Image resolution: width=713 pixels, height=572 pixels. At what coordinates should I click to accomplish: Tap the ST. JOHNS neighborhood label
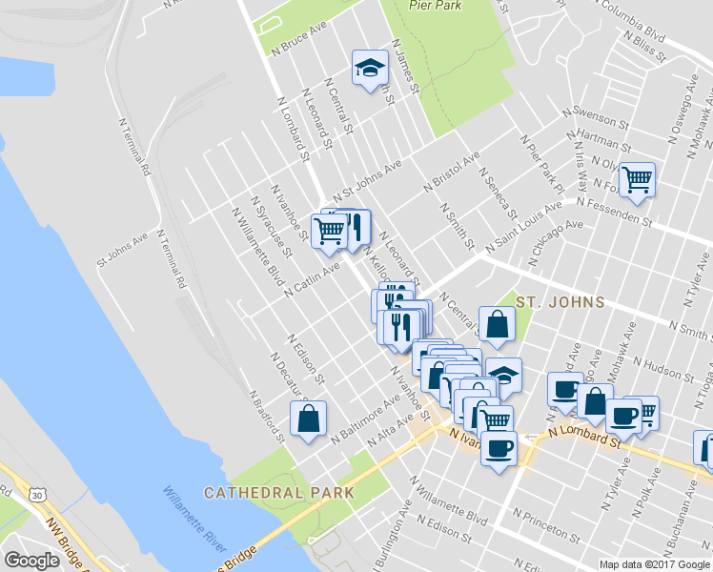pos(560,302)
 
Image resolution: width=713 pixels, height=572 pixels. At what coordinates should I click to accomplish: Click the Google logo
pos(31,561)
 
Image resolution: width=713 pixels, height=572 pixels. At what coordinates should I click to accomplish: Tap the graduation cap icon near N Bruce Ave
pos(369,68)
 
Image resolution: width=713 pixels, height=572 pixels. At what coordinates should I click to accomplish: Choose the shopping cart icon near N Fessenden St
pos(637,178)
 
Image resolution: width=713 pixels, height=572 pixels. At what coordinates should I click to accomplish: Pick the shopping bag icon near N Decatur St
pos(309,419)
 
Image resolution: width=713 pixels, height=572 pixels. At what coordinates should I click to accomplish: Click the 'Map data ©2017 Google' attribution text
pos(655,564)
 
